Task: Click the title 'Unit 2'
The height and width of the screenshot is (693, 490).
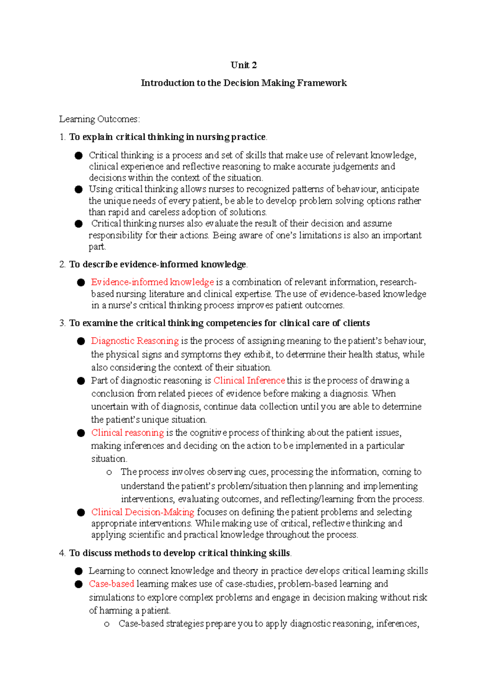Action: point(244,65)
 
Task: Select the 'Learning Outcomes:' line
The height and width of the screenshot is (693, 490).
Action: point(99,119)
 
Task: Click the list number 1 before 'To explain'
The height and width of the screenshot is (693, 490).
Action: point(62,137)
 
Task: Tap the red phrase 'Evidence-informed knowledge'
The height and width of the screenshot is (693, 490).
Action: point(152,282)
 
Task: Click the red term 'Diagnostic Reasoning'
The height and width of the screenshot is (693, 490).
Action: point(135,341)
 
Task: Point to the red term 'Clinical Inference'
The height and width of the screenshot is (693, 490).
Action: point(249,380)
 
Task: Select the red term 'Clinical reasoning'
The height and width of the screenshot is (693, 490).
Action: point(127,433)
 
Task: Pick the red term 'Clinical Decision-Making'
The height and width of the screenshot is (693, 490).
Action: point(143,512)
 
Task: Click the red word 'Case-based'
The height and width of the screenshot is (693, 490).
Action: point(111,584)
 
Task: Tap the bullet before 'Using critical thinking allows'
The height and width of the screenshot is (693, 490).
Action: point(78,190)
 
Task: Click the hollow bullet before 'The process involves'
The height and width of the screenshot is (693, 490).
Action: point(109,473)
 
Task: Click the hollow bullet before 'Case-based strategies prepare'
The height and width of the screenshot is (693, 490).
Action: point(107,624)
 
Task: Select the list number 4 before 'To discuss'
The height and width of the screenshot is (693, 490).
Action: point(62,553)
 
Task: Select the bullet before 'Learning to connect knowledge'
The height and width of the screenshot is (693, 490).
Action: point(78,571)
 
